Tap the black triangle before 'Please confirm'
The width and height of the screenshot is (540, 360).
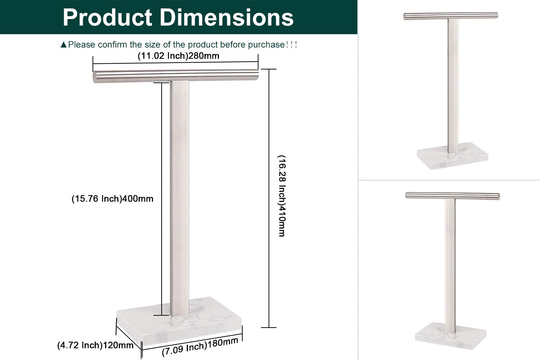tap(63, 45)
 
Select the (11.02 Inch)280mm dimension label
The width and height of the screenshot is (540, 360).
tap(178, 56)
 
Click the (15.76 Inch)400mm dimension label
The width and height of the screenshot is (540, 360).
tap(112, 199)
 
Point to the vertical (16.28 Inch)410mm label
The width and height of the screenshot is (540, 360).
tap(282, 196)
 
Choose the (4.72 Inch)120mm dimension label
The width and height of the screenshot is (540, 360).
tap(95, 346)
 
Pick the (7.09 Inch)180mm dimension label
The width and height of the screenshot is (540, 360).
tap(200, 346)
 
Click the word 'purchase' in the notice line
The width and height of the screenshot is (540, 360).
tap(266, 45)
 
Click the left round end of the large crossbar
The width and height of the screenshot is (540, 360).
tap(95, 77)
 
